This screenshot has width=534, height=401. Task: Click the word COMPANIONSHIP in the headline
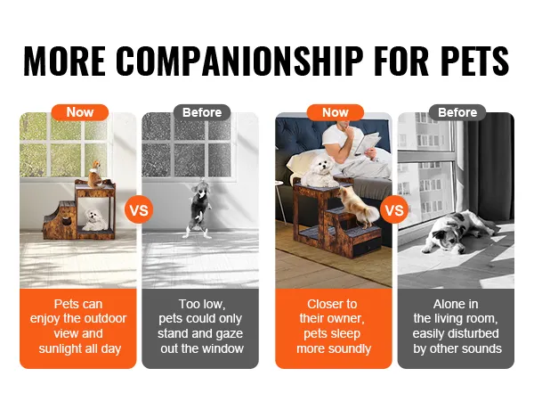[x=239, y=61]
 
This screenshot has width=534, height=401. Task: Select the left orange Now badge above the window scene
[x=80, y=112]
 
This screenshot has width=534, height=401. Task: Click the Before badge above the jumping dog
[x=202, y=112]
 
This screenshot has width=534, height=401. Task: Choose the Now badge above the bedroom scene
[x=336, y=112]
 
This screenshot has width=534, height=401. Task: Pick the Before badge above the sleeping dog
[x=457, y=112]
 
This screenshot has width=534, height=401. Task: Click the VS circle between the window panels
[x=139, y=209]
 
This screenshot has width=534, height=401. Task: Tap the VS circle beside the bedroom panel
[x=394, y=209]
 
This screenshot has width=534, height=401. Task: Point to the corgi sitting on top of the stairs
[x=95, y=174]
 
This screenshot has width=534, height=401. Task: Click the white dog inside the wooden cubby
[x=94, y=220]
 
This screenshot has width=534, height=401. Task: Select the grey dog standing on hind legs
[x=198, y=209]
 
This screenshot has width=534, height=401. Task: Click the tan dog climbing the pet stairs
[x=358, y=207]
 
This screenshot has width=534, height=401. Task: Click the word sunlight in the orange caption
[x=64, y=348]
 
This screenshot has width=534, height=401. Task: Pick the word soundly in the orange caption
[x=351, y=348]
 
